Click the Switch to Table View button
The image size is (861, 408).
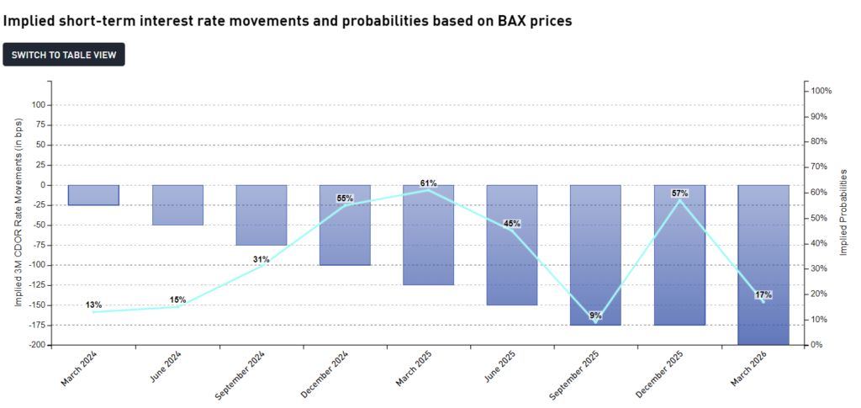[64, 55]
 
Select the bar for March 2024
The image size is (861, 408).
[93, 195]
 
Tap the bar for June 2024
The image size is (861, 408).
[177, 204]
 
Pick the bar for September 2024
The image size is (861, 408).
[261, 215]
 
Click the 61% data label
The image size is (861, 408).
[428, 183]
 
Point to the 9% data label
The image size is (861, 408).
[595, 315]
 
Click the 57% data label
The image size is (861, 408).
[679, 193]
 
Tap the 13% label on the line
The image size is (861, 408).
[93, 305]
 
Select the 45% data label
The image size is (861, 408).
[511, 224]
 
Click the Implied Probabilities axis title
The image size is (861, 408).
[843, 212]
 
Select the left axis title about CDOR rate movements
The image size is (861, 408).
[18, 212]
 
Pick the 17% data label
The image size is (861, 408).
[763, 295]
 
